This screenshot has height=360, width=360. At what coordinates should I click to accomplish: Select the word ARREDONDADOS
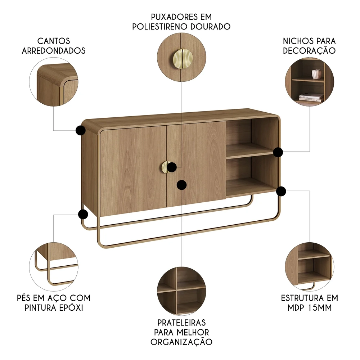(x=54, y=51)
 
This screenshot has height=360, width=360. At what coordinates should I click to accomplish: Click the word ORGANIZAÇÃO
(x=181, y=342)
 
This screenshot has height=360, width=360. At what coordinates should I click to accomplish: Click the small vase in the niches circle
(x=316, y=74)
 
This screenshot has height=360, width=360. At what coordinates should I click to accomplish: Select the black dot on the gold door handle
(x=172, y=167)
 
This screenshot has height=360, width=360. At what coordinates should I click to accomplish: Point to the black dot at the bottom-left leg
(x=83, y=215)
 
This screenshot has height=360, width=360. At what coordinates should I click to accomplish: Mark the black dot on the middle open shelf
(x=278, y=152)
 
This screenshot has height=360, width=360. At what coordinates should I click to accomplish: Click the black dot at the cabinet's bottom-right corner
(x=281, y=191)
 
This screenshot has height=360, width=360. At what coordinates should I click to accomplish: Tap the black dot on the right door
(x=182, y=185)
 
